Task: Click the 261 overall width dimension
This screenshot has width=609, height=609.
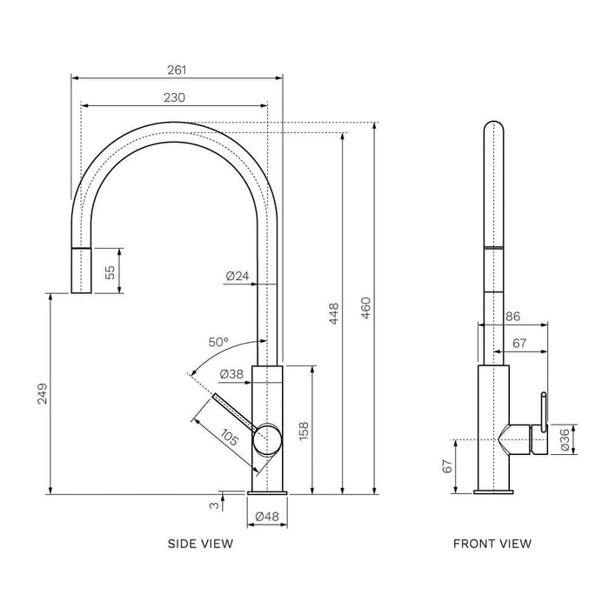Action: coord(177,70)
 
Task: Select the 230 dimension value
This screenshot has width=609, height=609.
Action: coord(174,98)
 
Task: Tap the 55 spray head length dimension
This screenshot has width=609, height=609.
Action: coord(110,271)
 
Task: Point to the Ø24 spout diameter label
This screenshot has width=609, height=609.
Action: coord(237,277)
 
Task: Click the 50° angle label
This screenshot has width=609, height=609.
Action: coord(218,342)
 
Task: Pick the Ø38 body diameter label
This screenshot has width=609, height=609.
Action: coord(231,374)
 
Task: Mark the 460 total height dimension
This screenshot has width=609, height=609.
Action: coord(365,306)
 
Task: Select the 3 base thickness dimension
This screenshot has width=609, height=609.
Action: coord(211,504)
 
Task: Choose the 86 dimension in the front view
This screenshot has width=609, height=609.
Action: coord(512,317)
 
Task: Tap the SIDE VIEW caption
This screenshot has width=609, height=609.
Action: coord(200,545)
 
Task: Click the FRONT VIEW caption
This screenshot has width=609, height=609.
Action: coord(492,545)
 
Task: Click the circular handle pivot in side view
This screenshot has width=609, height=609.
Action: coord(267,441)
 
